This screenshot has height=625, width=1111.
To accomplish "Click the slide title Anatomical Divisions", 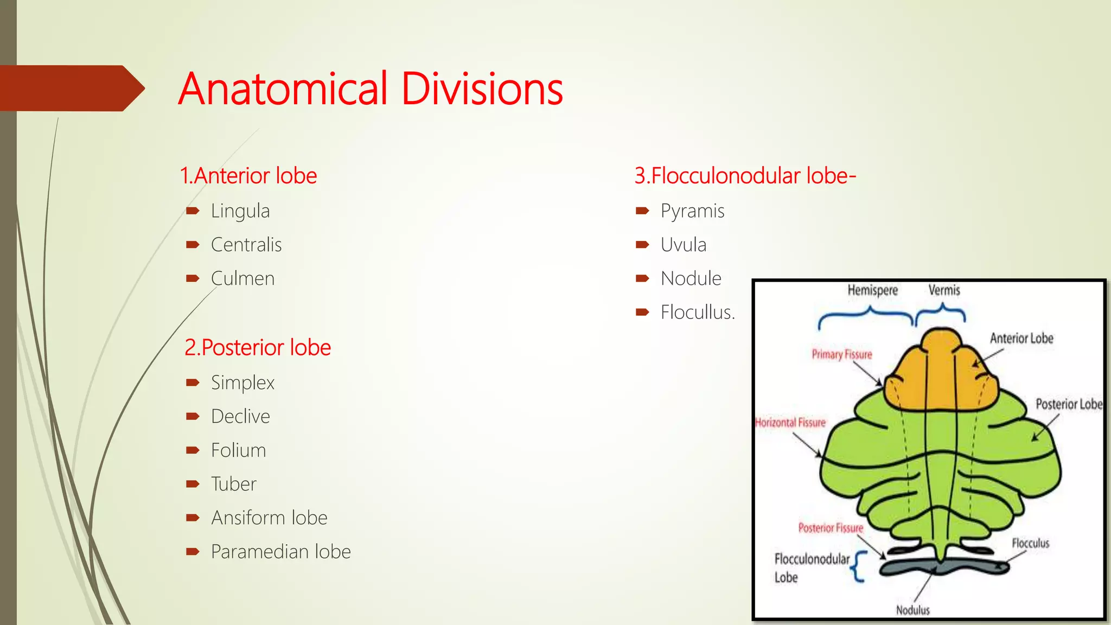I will coord(371,88).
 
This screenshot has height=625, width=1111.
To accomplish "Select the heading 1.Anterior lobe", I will coord(248,176).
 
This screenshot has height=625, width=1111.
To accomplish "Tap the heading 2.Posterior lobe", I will coord(258,347).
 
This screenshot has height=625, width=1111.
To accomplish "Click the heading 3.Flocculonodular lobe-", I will coord(745,176).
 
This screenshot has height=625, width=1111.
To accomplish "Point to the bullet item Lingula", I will coord(240,211).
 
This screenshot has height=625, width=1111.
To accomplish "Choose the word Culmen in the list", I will coord(242,278).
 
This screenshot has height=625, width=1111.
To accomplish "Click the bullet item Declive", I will coord(240,416).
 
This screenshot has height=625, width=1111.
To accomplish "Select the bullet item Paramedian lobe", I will coord(280,551).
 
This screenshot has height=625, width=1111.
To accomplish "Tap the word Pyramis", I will coord(692,211).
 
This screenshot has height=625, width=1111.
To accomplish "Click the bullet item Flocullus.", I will coord(698,312).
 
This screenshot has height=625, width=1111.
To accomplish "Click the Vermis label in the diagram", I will coord(944,290).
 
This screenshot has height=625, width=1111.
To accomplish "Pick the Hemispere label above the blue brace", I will coord(872,290).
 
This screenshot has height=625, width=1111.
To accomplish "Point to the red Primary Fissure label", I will coord(841,354).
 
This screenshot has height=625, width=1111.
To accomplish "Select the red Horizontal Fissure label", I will coord(790,423).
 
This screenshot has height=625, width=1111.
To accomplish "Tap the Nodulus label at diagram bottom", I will coord(912,610).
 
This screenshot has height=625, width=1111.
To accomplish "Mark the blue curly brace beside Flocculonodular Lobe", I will coord(859,567).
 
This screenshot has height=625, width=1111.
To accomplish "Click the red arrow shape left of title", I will coord(71,88).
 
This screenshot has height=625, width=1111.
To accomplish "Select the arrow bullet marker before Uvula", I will coord(642,245).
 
